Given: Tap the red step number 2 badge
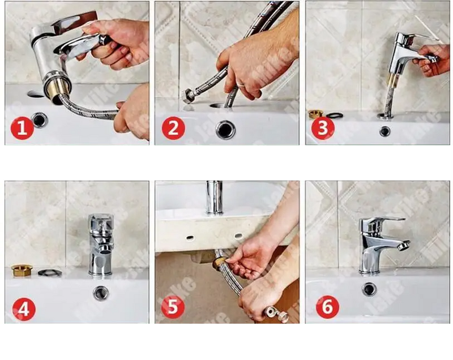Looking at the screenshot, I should point(173,128).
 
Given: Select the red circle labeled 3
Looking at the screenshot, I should point(323,127).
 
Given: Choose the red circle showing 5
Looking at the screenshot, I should point(173,307).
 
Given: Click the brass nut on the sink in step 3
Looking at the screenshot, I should point(316,114).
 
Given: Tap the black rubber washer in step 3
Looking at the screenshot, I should point(335,115).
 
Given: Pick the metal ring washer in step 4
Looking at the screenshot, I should point(50,273).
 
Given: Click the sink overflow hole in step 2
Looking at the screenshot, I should point(225,130).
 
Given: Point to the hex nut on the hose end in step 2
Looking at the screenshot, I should point(189,97).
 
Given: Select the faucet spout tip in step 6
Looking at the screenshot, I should point(403,246).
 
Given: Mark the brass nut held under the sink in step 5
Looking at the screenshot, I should point(218,261).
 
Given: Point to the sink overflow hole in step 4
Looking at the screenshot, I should point(101,293).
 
